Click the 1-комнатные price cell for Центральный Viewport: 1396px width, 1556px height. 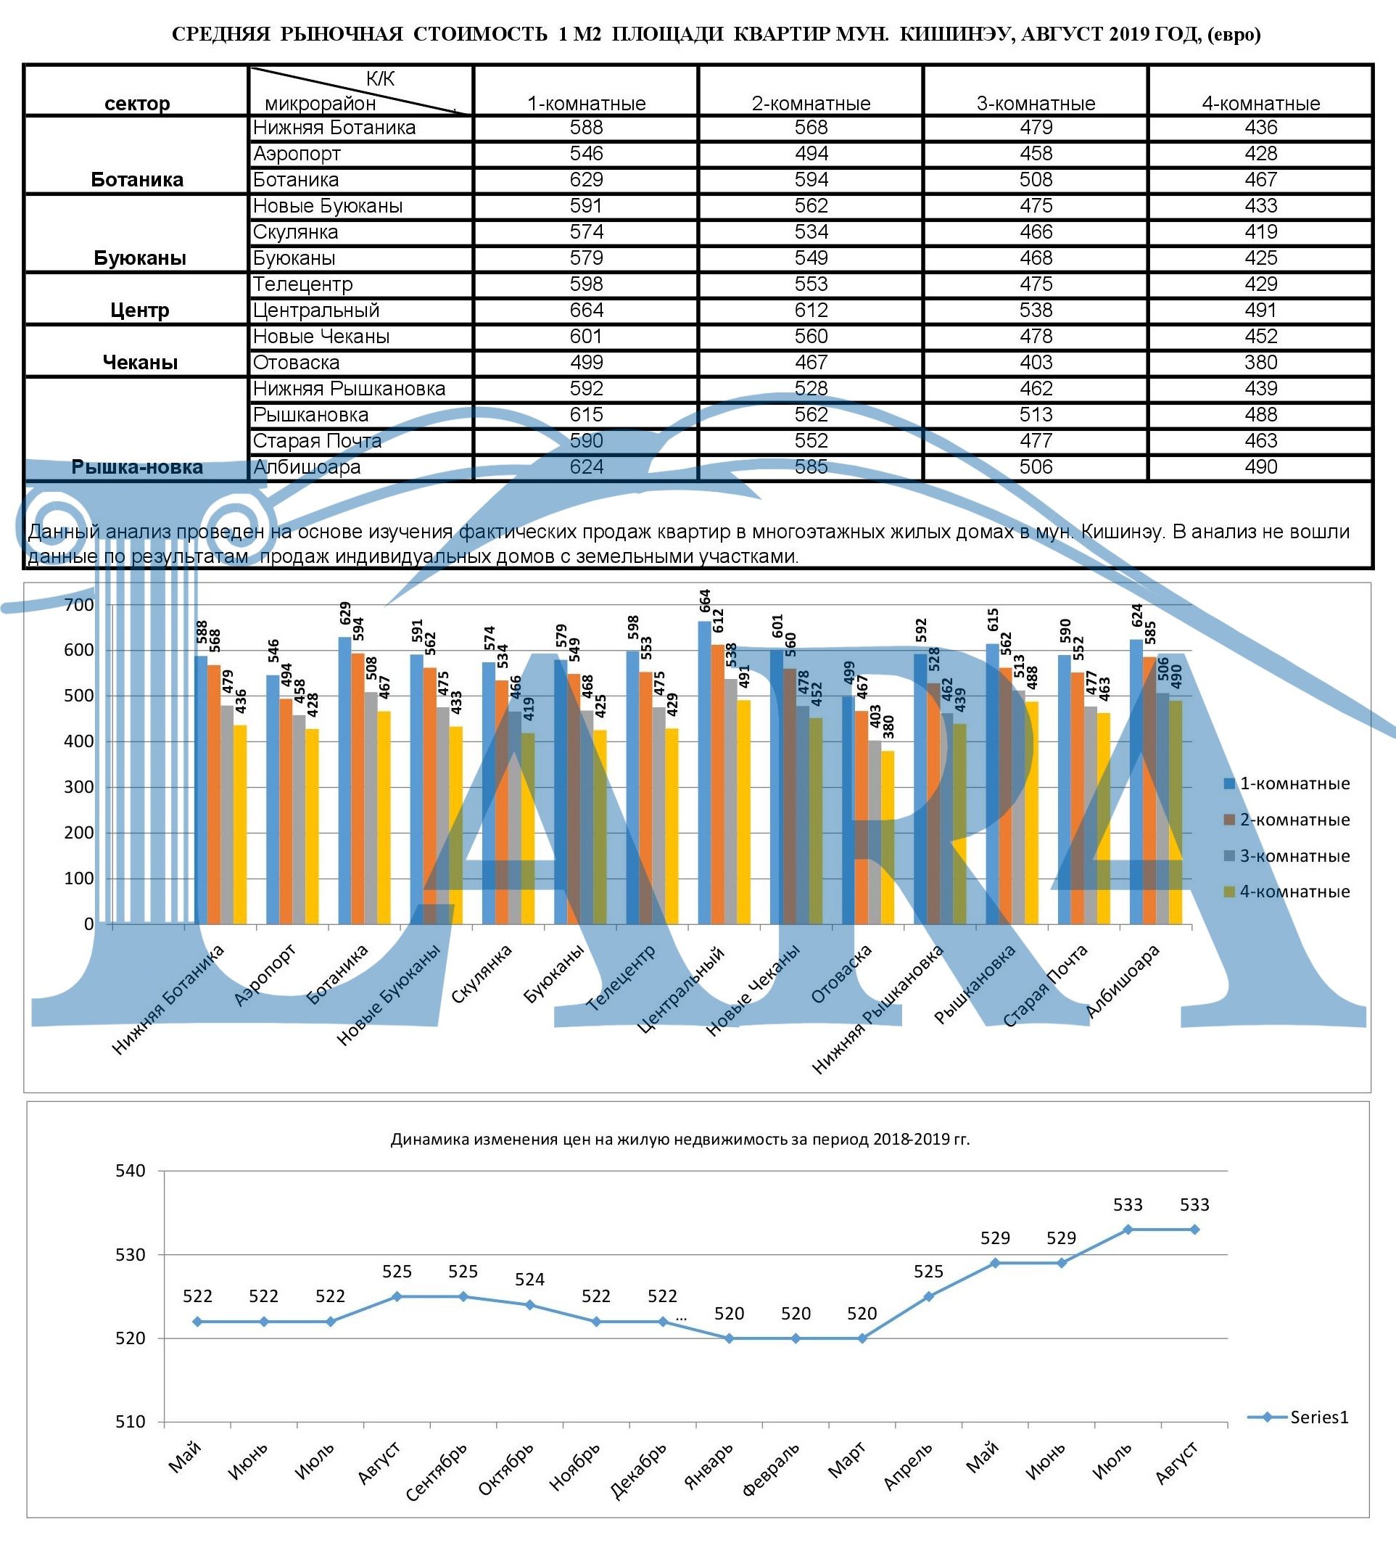coord(586,310)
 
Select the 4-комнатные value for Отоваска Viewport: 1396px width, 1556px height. coord(1260,362)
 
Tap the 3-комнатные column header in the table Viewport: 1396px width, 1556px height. coord(1036,103)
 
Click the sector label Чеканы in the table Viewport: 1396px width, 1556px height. coord(139,362)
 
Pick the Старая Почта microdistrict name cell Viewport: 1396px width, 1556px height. coord(317,441)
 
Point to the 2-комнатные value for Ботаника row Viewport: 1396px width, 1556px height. coord(811,180)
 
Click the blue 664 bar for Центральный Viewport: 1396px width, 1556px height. coord(704,767)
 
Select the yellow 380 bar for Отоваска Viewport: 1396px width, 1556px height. coord(888,836)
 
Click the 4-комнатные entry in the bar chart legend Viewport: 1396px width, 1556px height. coord(1293,892)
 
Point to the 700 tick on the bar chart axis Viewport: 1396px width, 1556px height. coord(79,604)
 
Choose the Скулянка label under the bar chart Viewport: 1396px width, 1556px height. coord(481,973)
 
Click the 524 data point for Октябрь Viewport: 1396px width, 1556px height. coord(530,1305)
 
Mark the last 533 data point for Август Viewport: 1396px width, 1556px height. coord(1194,1230)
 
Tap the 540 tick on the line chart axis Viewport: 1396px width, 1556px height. coord(130,1171)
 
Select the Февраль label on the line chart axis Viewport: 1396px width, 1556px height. coord(771,1469)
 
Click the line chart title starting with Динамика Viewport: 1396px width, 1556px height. coord(680,1140)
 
